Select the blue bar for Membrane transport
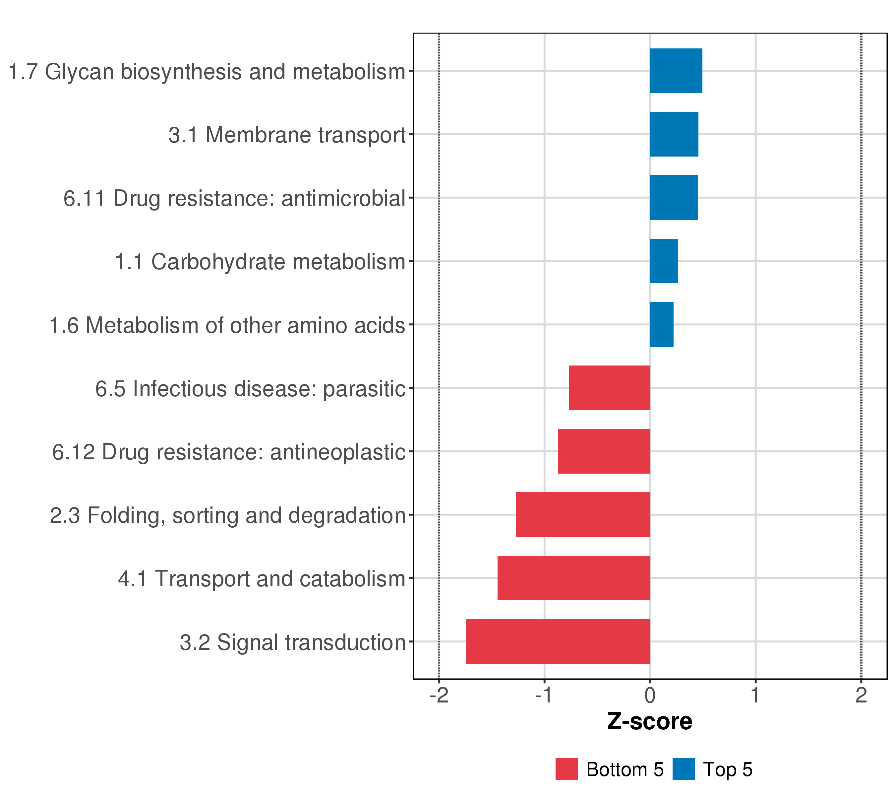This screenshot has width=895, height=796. click(674, 134)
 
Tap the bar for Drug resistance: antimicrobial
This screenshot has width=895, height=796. click(674, 198)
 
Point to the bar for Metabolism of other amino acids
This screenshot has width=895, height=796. click(661, 325)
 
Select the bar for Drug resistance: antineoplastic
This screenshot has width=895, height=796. click(604, 451)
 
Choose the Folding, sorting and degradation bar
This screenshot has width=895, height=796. click(583, 515)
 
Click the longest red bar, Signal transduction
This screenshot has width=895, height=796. click(558, 641)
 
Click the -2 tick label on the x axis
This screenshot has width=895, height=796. click(439, 696)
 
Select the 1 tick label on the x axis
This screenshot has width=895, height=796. click(755, 696)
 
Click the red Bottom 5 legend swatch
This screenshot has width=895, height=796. click(566, 769)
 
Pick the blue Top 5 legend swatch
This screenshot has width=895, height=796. click(683, 769)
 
